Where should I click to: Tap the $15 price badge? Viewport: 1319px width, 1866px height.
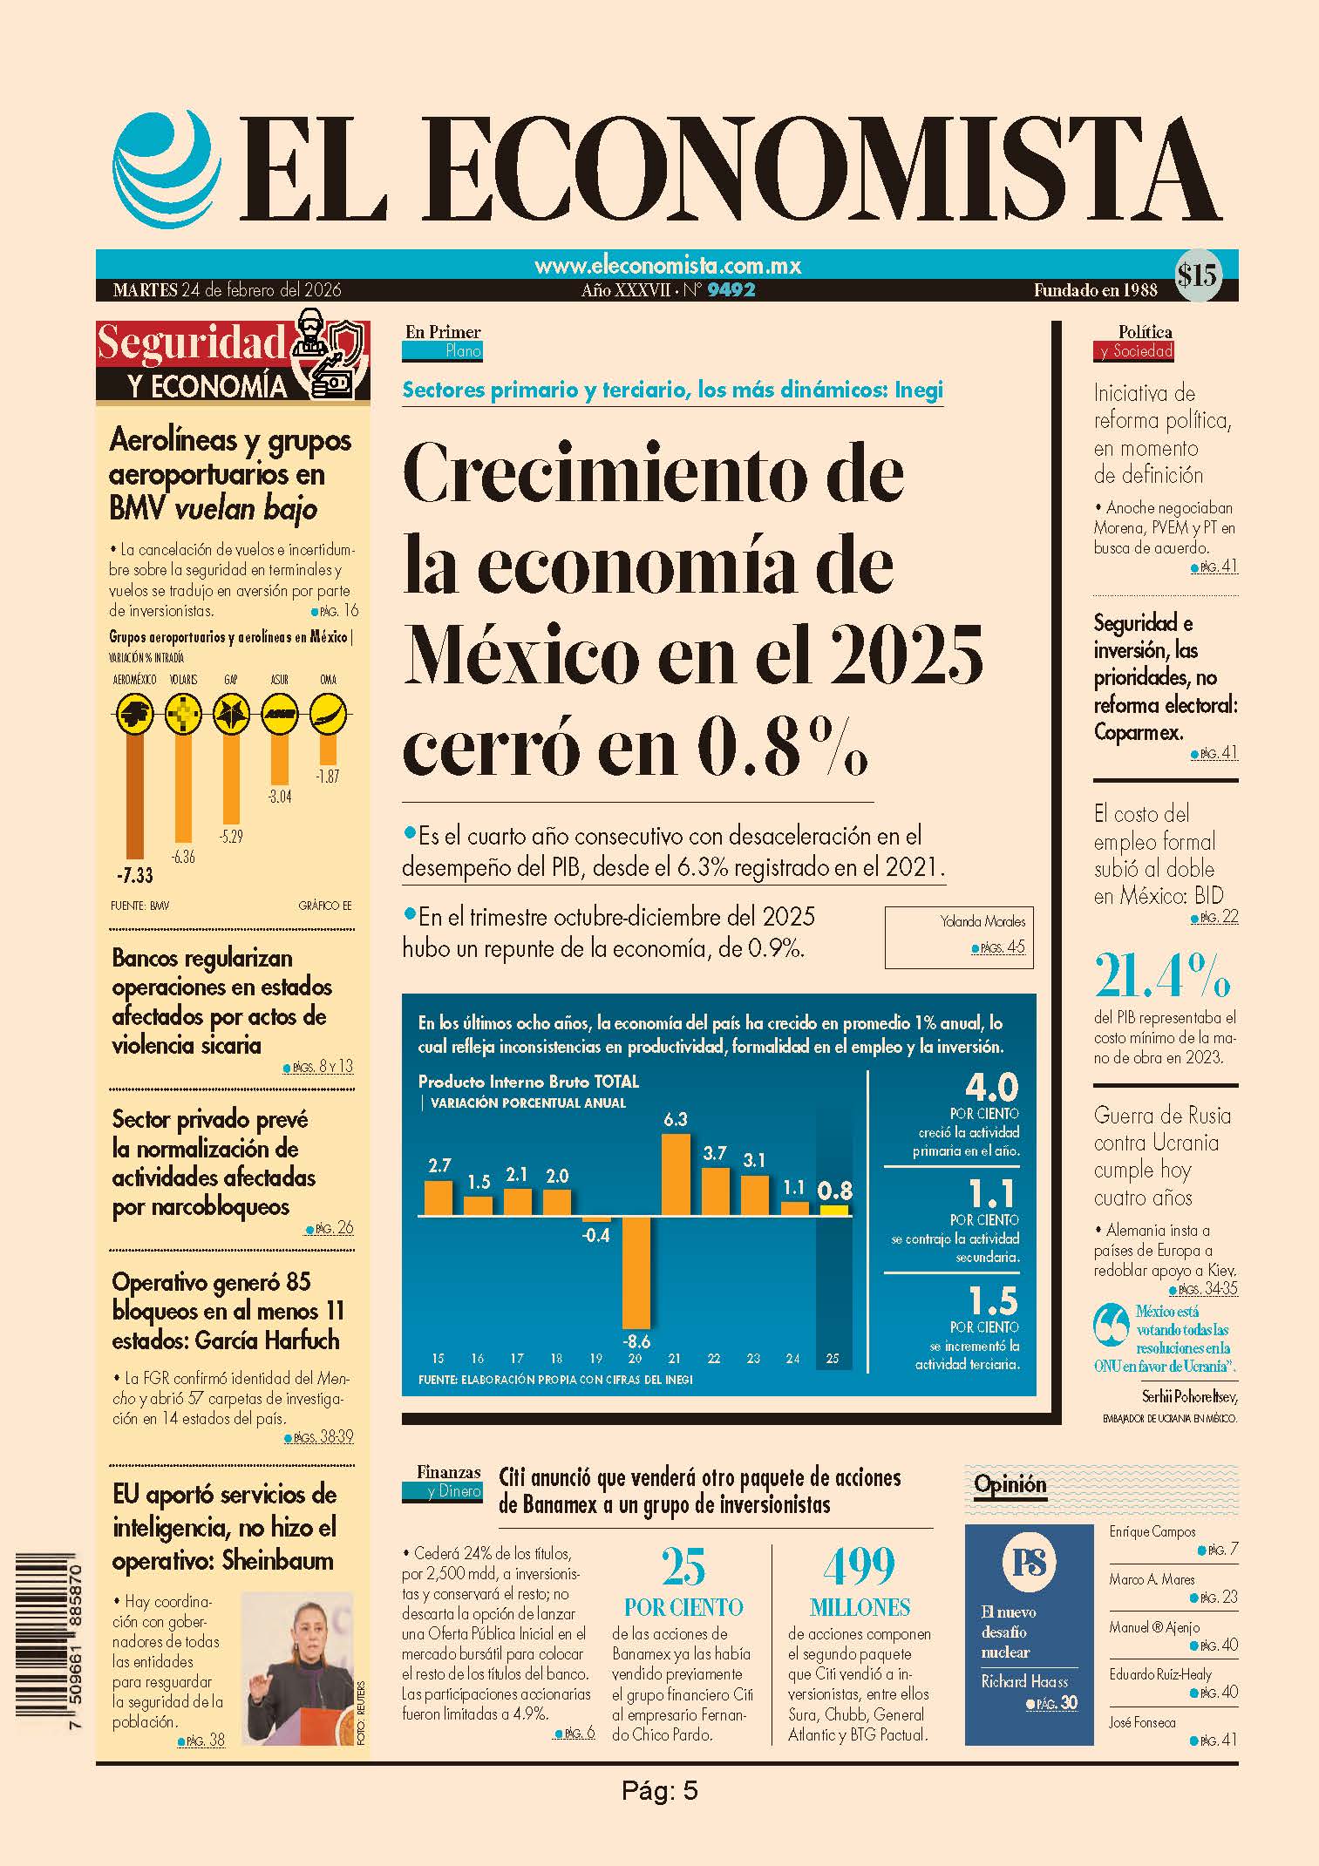click(x=1197, y=276)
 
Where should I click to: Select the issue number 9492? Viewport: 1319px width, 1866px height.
click(x=731, y=290)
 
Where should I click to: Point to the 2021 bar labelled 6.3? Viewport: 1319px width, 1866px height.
click(x=676, y=1174)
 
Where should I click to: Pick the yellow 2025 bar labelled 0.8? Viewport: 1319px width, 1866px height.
click(x=834, y=1210)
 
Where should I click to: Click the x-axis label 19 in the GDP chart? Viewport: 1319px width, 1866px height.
click(x=596, y=1358)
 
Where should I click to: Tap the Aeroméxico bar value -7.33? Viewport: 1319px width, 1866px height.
click(x=134, y=875)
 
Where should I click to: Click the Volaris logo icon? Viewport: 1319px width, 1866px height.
click(x=183, y=715)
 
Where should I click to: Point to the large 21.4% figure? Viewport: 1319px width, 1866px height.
click(x=1163, y=975)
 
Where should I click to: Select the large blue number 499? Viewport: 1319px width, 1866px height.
click(x=859, y=1566)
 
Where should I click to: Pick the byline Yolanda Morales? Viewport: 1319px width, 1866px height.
click(x=982, y=921)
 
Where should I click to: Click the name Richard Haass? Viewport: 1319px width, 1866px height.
click(x=1024, y=1681)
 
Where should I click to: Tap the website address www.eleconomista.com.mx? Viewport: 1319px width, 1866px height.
click(x=668, y=265)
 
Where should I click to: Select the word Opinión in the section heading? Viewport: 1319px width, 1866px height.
click(x=1010, y=1484)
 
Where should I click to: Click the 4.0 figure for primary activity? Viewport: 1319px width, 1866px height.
click(x=992, y=1087)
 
